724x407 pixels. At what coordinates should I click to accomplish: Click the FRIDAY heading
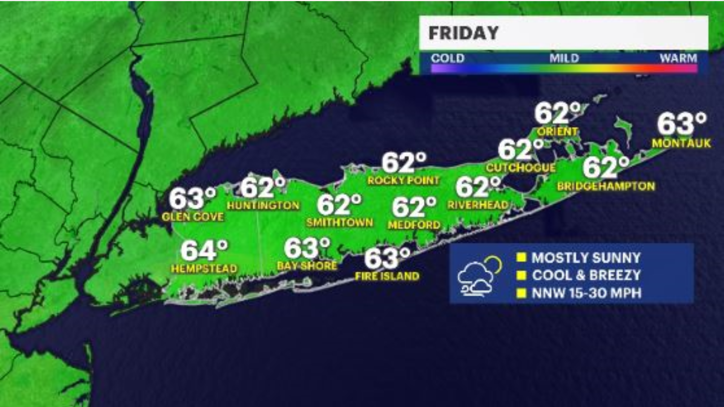click(463, 33)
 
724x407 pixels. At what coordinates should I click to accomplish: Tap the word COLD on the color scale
click(448, 58)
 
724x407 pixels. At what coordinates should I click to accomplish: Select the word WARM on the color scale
click(678, 58)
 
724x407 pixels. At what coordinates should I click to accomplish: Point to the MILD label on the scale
click(564, 58)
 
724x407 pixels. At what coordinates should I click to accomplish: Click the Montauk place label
click(681, 143)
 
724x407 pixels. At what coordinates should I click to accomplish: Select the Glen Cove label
click(193, 217)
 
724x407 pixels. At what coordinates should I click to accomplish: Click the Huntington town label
click(263, 205)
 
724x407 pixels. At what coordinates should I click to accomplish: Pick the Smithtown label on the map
click(339, 222)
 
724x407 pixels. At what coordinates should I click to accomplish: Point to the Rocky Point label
click(403, 181)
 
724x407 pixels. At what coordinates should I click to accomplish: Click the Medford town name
click(414, 225)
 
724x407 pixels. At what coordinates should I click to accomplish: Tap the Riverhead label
click(478, 205)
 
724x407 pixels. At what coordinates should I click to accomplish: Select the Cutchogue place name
click(520, 168)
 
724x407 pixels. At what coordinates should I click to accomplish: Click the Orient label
click(557, 132)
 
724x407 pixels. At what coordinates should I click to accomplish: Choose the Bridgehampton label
click(606, 186)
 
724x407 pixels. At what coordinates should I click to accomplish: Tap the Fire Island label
click(387, 276)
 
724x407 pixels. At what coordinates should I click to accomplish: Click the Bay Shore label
click(307, 266)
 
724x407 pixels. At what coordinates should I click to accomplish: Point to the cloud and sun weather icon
click(479, 276)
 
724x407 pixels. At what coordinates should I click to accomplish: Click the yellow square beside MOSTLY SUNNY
click(521, 257)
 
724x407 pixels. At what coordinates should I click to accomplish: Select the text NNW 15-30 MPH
click(586, 293)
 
